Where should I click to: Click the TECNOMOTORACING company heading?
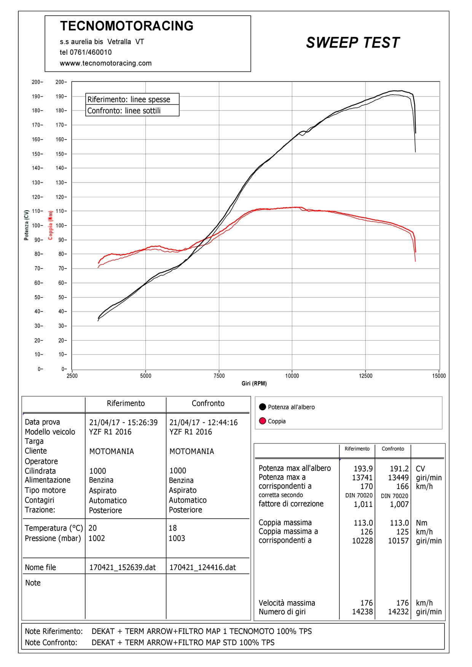pyautogui.click(x=127, y=26)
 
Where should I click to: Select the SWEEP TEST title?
pyautogui.click(x=353, y=43)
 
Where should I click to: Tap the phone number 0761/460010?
pyautogui.click(x=91, y=52)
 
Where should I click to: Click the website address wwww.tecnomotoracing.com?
pyautogui.click(x=105, y=63)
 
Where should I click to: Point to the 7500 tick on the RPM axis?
pyautogui.click(x=219, y=376)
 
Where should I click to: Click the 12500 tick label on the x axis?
pyautogui.click(x=365, y=376)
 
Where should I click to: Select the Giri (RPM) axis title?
pyautogui.click(x=254, y=383)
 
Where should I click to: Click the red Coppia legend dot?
pyautogui.click(x=262, y=421)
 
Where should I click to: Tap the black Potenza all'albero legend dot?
pyautogui.click(x=262, y=407)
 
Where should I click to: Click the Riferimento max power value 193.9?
pyautogui.click(x=363, y=469)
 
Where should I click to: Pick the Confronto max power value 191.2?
pyautogui.click(x=399, y=469)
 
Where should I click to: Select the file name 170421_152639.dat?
pyautogui.click(x=122, y=567)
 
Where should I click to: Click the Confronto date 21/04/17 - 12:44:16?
pyautogui.click(x=203, y=422)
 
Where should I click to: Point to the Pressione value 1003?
pyautogui.click(x=177, y=538)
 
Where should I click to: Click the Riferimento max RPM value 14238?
pyautogui.click(x=362, y=612)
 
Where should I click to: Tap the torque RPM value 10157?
pyautogui.click(x=398, y=541)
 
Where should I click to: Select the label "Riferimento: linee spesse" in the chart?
pyautogui.click(x=129, y=100)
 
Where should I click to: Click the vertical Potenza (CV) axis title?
pyautogui.click(x=26, y=225)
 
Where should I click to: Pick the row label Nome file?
pyautogui.click(x=40, y=567)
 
